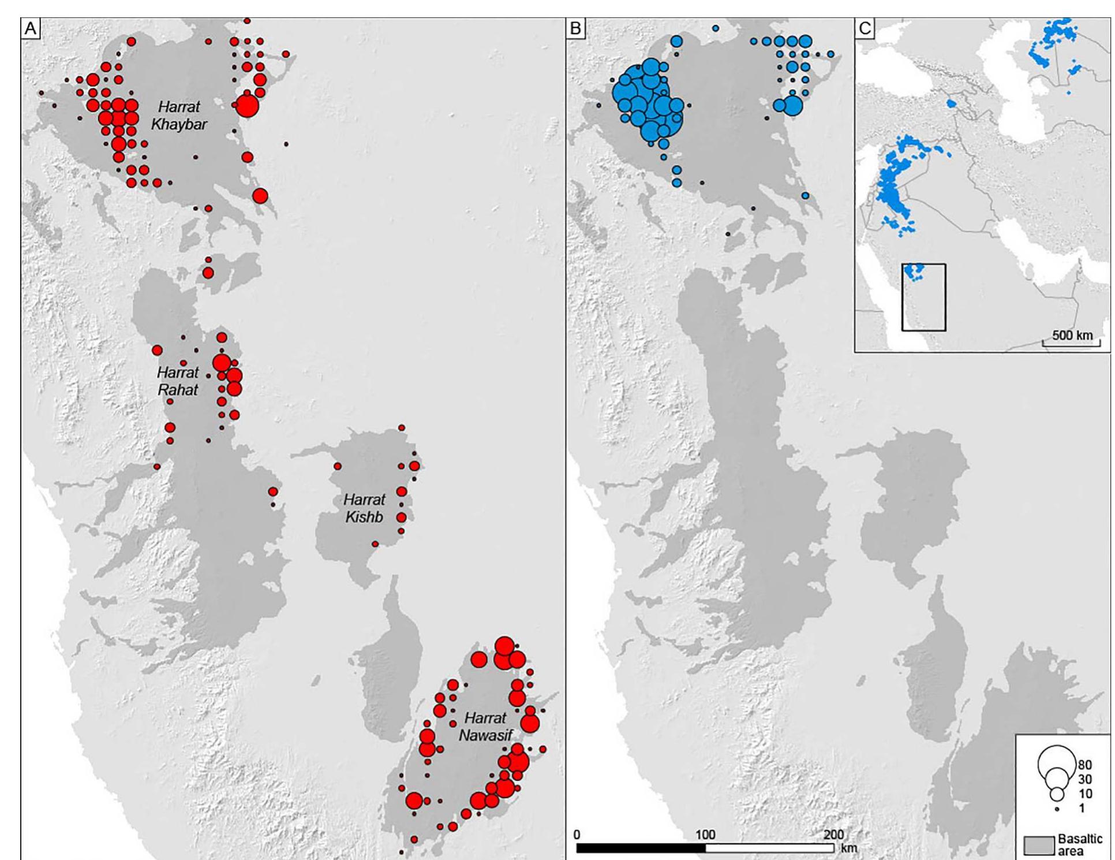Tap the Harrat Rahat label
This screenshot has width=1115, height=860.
[178, 381]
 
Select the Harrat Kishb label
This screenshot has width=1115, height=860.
[364, 508]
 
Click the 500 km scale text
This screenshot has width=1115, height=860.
[1072, 336]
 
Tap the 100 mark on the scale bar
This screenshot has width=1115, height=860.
[705, 835]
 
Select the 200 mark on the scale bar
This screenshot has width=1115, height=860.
[833, 835]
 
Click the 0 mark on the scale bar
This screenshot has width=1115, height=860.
[577, 835]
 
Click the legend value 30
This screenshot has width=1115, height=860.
[1084, 780]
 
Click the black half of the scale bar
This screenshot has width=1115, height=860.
[641, 848]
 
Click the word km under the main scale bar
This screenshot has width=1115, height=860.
[849, 848]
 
